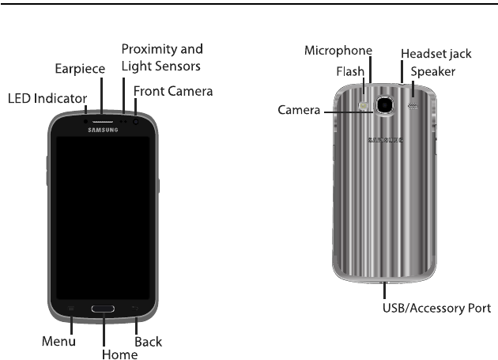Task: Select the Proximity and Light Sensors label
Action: point(162,56)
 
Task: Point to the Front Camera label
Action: point(173,92)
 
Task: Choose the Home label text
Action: point(119,353)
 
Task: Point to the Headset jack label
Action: point(436,54)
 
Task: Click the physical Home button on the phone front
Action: point(104,307)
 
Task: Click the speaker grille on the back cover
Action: point(411,104)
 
